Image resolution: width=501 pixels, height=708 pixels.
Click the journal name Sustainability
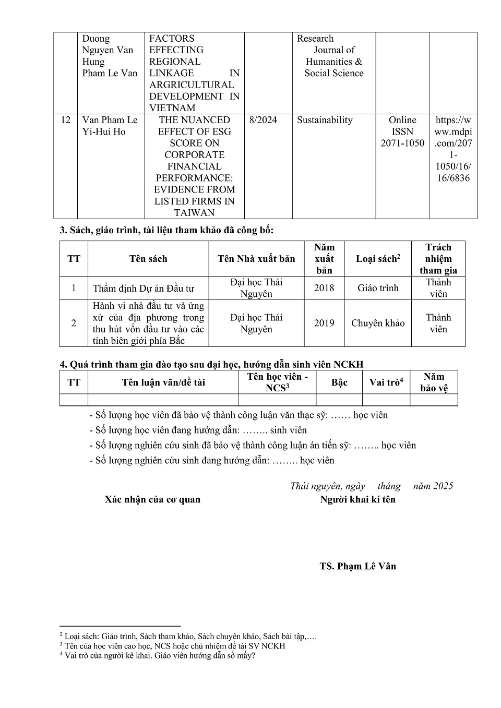pyautogui.click(x=325, y=120)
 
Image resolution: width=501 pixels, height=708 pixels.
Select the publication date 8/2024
pyautogui.click(x=263, y=120)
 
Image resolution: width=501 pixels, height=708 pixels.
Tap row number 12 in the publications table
pyautogui.click(x=65, y=120)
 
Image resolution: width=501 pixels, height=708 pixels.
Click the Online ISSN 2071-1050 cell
pyautogui.click(x=402, y=131)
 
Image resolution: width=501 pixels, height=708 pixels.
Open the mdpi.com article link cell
pyautogui.click(x=453, y=149)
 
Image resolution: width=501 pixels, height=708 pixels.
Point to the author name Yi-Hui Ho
pyautogui.click(x=104, y=131)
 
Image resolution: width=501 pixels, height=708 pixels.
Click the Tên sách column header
pyautogui.click(x=148, y=259)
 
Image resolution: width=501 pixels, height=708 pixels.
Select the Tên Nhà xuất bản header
pyautogui.click(x=256, y=259)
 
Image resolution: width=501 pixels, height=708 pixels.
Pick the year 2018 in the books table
pyautogui.click(x=324, y=288)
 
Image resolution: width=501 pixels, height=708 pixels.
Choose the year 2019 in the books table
pyautogui.click(x=324, y=323)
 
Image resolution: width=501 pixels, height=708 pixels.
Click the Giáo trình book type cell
pyautogui.click(x=378, y=288)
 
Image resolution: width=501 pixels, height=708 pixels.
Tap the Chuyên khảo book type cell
pyautogui.click(x=378, y=323)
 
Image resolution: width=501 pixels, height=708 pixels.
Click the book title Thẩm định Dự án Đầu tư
pyautogui.click(x=144, y=289)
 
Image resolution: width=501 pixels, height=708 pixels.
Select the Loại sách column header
pyautogui.click(x=378, y=259)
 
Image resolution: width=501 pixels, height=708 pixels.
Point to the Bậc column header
pyautogui.click(x=339, y=382)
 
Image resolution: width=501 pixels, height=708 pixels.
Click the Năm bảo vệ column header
pyautogui.click(x=434, y=382)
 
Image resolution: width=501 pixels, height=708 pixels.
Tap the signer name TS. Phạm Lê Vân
pyautogui.click(x=358, y=566)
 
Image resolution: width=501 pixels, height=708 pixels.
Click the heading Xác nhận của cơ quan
pyautogui.click(x=152, y=499)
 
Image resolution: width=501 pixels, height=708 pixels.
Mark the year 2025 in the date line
pyautogui.click(x=443, y=486)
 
